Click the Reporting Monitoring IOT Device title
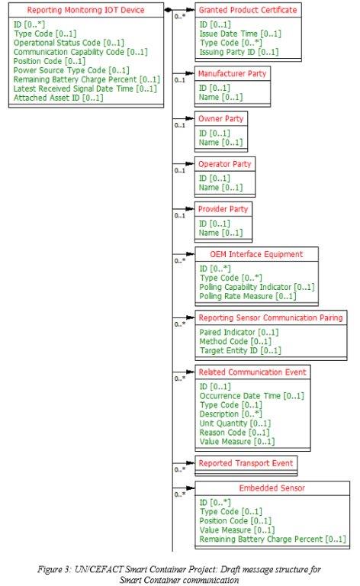(85, 10)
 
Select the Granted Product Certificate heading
(248, 10)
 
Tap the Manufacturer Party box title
(233, 73)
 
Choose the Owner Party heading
(220, 119)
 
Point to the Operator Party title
(225, 164)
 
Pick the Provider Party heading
(223, 209)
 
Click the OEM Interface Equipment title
(256, 255)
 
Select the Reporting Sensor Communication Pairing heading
(271, 318)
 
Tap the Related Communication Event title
(252, 372)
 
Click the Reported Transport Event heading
(246, 463)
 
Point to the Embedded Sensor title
(272, 488)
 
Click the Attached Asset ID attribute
(58, 98)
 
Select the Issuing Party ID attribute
(239, 52)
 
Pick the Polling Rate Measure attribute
(248, 296)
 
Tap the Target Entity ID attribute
(240, 350)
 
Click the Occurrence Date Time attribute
(252, 396)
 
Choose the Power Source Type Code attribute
(72, 70)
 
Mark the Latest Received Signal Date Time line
(85, 89)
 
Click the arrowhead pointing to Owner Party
(191, 119)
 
